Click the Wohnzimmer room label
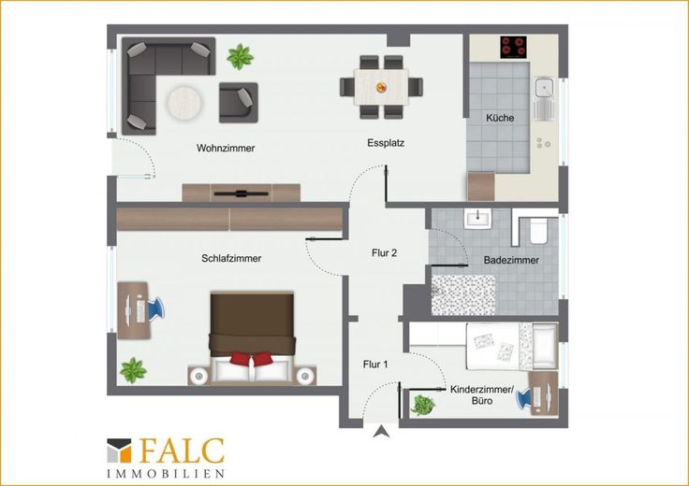coord(226,149)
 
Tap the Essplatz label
coord(386,143)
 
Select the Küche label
coord(500,118)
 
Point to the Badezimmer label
coord(511,260)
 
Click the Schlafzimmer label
coord(231,258)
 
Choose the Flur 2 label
coord(384,253)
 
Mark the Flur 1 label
coord(375,364)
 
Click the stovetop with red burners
coord(513,47)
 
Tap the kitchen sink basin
coord(544,88)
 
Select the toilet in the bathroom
coord(538,231)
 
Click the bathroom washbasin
coord(477,218)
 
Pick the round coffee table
coord(184,103)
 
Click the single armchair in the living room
coord(238,103)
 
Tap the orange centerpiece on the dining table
coord(381,87)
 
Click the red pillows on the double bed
coord(251,358)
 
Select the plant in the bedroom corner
coord(133,370)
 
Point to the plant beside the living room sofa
coord(240,57)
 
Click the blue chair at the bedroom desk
coord(156,307)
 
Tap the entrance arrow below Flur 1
coord(381,432)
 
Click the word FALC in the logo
coord(182,450)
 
